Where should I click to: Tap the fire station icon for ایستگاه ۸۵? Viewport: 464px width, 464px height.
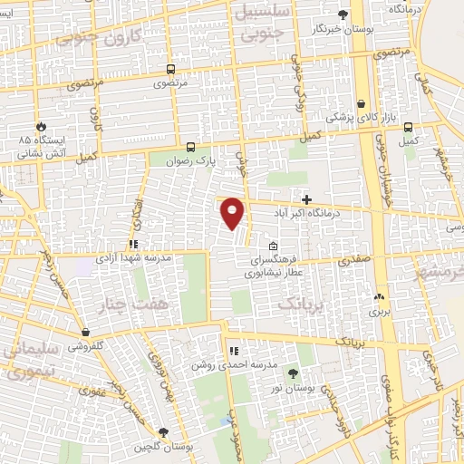(41, 126)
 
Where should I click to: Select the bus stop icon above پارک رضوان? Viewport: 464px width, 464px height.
(190, 146)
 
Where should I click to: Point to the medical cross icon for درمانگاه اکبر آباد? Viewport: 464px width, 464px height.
(307, 199)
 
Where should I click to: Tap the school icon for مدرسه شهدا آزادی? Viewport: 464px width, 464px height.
(133, 244)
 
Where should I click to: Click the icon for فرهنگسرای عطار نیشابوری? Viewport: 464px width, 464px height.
(274, 246)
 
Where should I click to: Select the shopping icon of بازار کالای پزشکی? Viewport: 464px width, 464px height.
(362, 103)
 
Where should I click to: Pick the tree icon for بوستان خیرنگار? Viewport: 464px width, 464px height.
(342, 14)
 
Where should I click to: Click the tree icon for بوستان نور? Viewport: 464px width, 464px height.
(292, 372)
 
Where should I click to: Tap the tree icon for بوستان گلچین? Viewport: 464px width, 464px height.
(162, 432)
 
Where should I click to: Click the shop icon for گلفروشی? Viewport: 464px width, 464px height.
(85, 333)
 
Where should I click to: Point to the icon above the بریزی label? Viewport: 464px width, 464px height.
(379, 295)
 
